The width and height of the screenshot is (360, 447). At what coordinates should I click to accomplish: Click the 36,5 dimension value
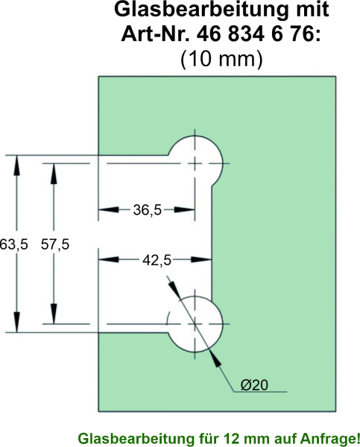pos(147,210)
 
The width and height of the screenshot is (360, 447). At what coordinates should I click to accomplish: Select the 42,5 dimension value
pos(157,260)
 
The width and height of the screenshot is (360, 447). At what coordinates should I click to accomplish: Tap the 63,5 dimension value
pos(13,244)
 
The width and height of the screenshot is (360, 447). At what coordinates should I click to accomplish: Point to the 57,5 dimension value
pos(55,244)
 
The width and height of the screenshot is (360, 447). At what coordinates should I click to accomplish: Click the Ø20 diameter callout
pos(254,385)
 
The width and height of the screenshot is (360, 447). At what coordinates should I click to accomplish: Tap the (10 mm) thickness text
pos(221,60)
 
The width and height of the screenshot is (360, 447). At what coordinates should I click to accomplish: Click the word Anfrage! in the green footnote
pos(329,438)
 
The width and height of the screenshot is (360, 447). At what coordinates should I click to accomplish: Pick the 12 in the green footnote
pos(231,438)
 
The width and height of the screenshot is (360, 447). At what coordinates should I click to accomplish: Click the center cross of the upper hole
pos(195,164)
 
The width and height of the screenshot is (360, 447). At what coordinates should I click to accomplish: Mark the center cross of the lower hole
pos(195,324)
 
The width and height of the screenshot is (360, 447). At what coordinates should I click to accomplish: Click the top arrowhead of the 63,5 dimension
pos(17,165)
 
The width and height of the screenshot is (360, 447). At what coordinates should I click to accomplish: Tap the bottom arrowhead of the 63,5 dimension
pos(17,323)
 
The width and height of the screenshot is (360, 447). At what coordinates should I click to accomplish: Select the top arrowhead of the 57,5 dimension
pos(54,174)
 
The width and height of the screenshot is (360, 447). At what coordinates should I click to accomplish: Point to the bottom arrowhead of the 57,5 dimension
pos(54,314)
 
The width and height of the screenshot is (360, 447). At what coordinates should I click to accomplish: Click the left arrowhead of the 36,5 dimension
pos(108,210)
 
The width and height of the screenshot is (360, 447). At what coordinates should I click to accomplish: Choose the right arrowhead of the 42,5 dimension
pos(202,260)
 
